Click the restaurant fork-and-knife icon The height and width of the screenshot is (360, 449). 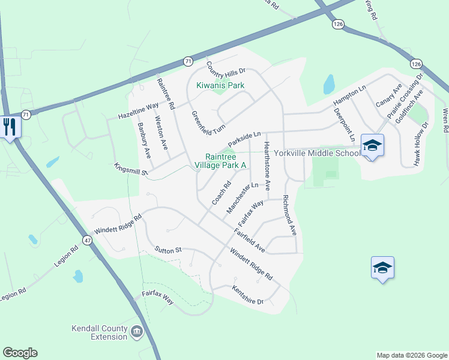pos(10,126)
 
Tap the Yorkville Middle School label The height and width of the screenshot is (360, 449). pos(316,153)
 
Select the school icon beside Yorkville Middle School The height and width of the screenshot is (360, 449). pos(372,145)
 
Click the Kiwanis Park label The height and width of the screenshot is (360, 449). pos(220,86)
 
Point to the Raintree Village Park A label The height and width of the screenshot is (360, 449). pos(226,160)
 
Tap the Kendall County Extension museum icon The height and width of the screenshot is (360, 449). pos(136,331)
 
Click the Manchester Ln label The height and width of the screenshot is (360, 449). pos(242,199)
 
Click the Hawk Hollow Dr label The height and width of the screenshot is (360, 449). pos(421,144)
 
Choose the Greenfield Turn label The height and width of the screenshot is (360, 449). pos(208,123)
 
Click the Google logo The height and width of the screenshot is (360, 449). pos(20,353)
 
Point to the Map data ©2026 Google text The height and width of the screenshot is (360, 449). pos(411,355)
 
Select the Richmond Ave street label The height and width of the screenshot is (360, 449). pos(289,214)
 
